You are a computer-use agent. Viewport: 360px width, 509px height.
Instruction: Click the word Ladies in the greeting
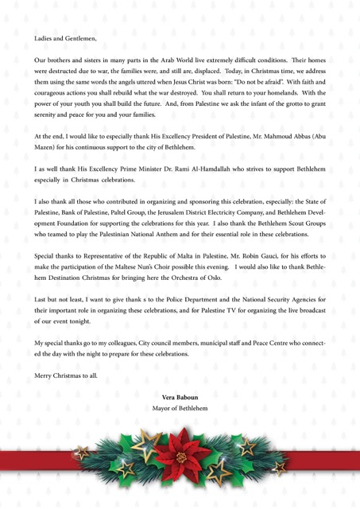[43, 37]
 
